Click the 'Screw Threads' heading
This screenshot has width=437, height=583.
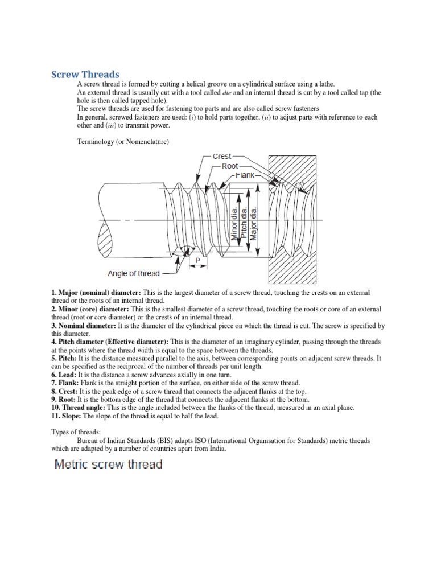pos(85,75)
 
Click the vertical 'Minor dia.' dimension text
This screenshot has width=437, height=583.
pos(234,224)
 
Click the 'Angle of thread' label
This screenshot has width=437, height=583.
pos(134,273)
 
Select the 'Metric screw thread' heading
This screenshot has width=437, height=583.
pos(108,465)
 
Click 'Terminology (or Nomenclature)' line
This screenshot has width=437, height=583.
pos(123,141)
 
